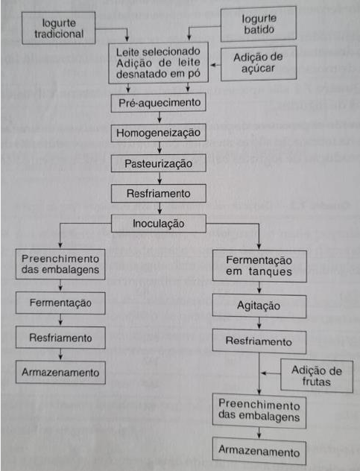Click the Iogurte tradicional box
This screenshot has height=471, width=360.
point(59,28)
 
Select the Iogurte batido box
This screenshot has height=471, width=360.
point(259,24)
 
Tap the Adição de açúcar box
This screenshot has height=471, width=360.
point(259,63)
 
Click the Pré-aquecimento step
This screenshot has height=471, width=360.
point(158,103)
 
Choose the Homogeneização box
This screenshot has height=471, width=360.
point(158,133)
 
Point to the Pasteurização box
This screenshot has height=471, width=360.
point(158,163)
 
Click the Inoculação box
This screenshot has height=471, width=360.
point(158,224)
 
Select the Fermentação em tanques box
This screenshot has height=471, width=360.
point(259,266)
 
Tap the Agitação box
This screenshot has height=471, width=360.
point(259,306)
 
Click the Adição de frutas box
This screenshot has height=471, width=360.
point(317,376)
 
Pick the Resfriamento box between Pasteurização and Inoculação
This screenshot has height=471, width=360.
point(158,194)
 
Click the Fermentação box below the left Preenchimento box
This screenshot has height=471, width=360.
point(60,303)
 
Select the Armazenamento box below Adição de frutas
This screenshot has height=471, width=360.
point(259,451)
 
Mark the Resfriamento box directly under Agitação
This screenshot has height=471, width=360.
point(259,341)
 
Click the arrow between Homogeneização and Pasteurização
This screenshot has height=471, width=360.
point(160,148)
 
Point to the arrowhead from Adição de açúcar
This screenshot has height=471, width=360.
point(213,65)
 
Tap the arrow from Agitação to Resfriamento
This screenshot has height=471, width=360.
point(259,323)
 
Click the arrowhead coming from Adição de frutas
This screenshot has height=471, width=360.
point(263,373)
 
